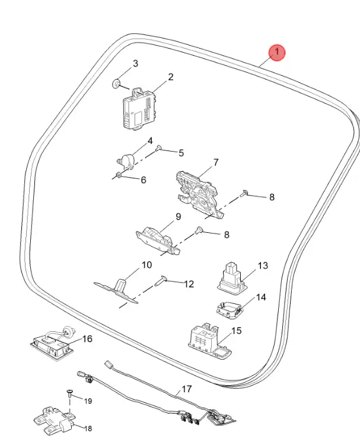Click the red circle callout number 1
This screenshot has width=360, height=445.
click(x=277, y=53)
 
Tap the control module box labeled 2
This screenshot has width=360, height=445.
click(x=140, y=108)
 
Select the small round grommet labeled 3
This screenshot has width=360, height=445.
click(x=116, y=84)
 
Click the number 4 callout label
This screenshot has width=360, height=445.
click(x=150, y=141)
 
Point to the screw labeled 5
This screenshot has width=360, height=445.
click(x=158, y=148)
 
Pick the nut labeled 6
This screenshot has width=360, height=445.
click(x=119, y=175)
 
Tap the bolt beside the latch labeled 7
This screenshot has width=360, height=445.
click(x=244, y=193)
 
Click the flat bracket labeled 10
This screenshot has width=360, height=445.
click(x=116, y=290)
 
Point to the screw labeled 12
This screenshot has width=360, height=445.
click(x=161, y=281)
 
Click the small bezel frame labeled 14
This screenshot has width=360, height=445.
click(x=229, y=310)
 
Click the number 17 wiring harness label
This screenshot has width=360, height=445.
click(x=187, y=389)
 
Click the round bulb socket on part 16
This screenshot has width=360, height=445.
click(x=68, y=331)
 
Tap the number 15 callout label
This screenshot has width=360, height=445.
click(x=237, y=331)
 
